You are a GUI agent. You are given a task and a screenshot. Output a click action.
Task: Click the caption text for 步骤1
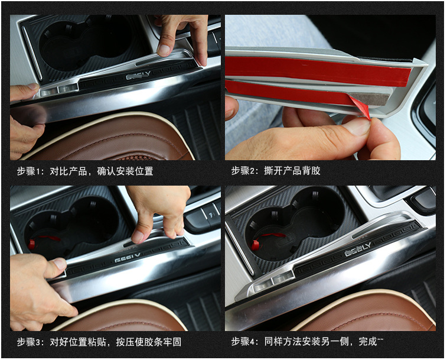[x=85, y=171]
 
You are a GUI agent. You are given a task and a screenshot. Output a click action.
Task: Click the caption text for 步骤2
[x=276, y=171]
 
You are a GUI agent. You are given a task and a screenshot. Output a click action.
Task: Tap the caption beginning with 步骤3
[x=99, y=342]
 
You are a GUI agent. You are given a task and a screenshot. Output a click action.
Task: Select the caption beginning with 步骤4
[x=307, y=341]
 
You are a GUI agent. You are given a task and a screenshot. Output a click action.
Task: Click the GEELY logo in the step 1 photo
[x=138, y=75]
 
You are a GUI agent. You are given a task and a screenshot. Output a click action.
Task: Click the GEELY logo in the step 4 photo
[x=358, y=249]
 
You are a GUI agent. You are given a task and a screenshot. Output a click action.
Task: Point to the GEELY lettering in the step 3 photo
[x=128, y=258]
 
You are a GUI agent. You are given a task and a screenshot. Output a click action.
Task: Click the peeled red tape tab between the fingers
[x=360, y=107]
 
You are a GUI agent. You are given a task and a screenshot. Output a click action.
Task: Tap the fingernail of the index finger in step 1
[x=164, y=50]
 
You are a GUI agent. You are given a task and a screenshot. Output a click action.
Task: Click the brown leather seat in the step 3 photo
[x=120, y=317]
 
